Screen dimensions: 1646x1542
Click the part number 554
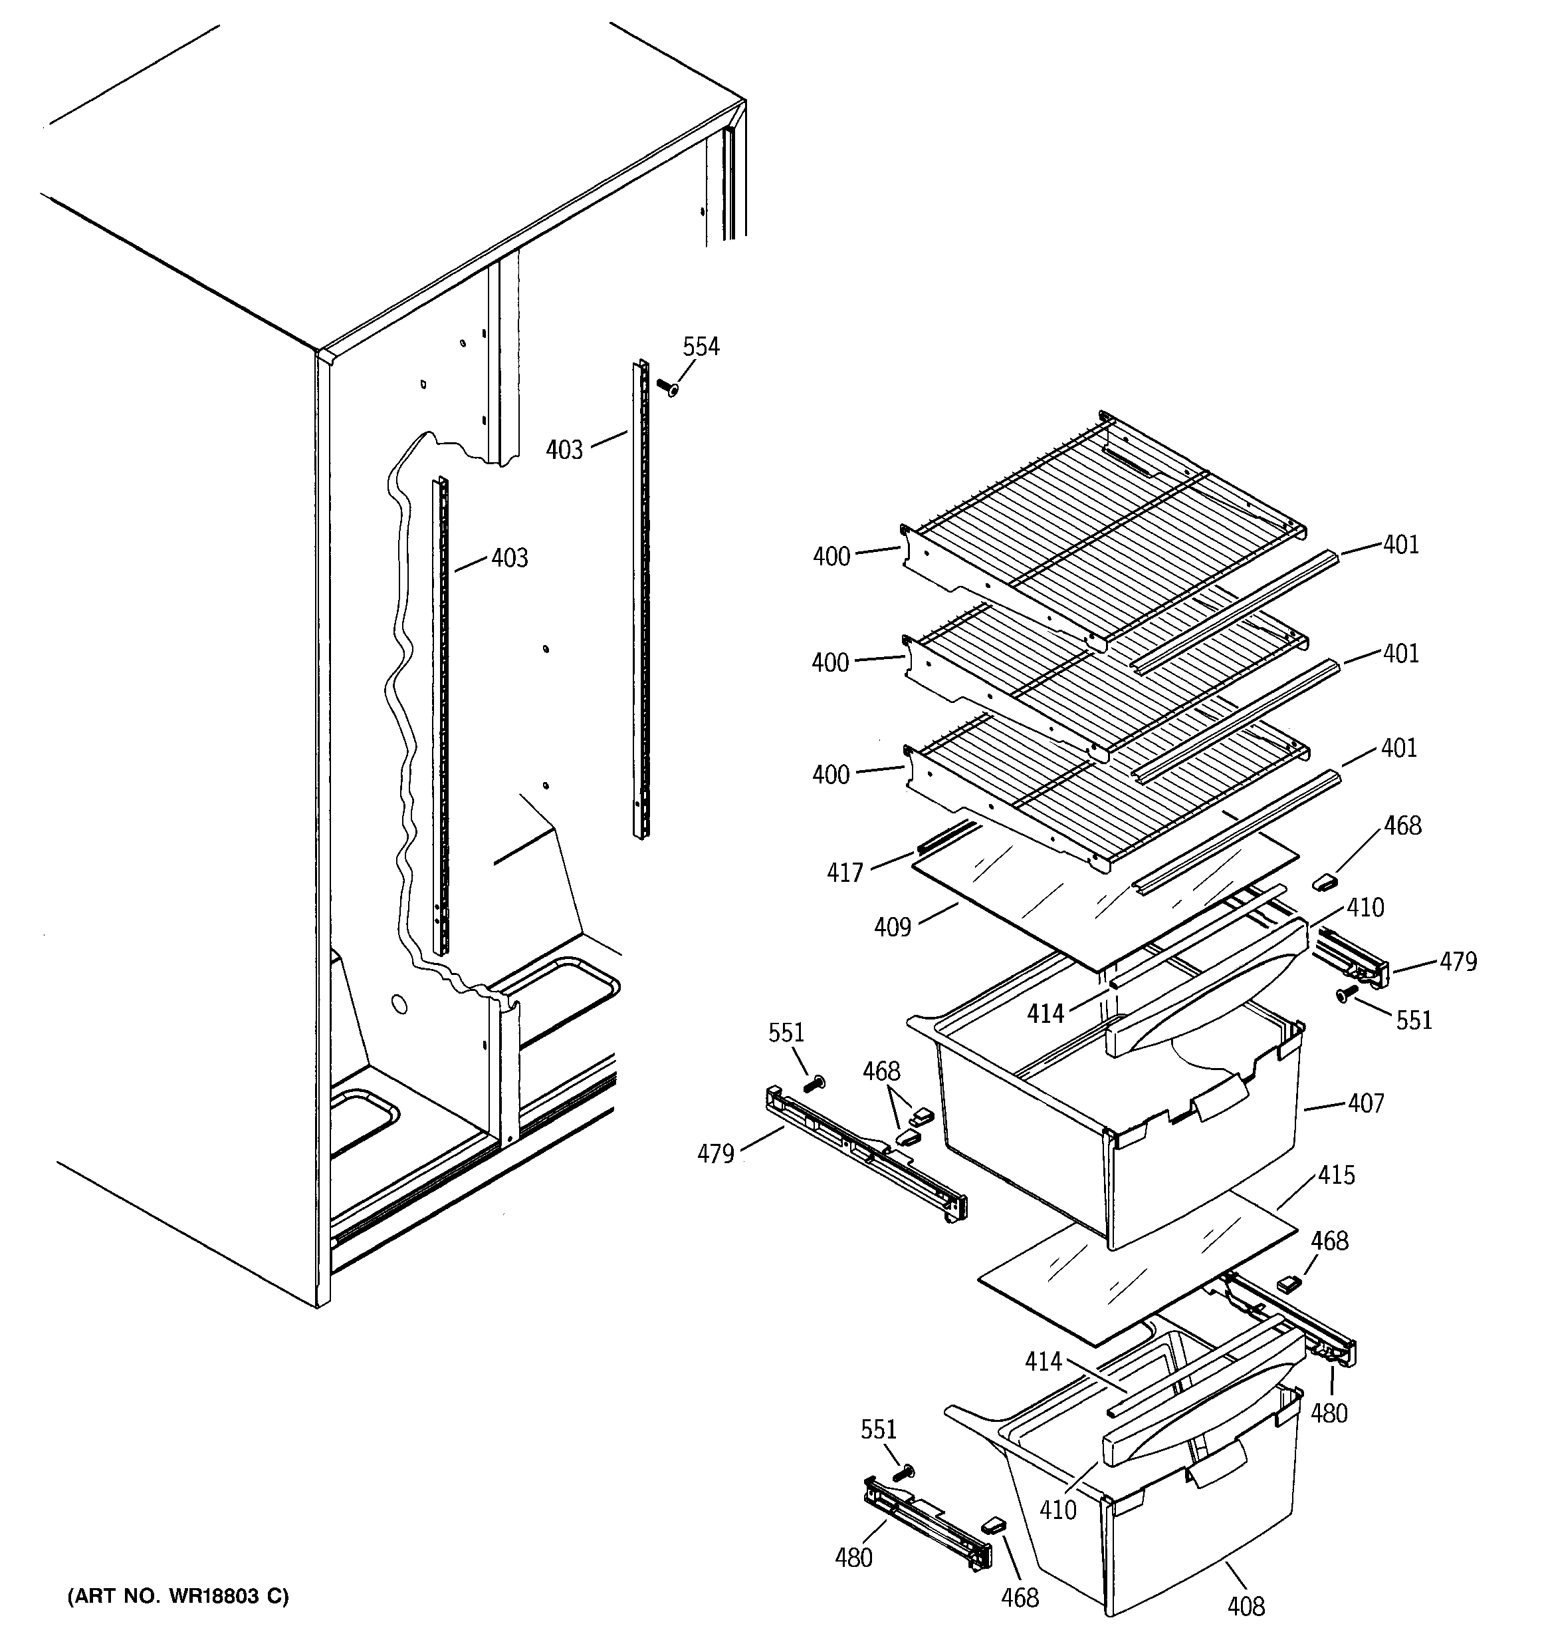[701, 347]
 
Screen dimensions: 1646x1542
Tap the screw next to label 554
[666, 386]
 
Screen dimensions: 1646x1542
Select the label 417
[844, 873]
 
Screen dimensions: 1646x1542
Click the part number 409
[892, 927]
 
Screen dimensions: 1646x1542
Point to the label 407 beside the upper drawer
[1365, 1103]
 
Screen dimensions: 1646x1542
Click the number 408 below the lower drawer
[1246, 1607]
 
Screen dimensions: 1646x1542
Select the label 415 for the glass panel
[1337, 1175]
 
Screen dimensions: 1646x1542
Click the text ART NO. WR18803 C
[178, 1596]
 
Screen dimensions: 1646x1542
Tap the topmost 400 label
[831, 557]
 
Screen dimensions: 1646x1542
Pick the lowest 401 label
[1399, 748]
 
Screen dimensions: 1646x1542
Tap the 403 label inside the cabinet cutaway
[509, 558]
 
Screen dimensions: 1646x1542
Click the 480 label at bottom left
[853, 1558]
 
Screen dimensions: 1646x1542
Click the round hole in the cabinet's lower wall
[398, 1006]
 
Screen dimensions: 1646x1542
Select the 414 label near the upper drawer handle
[1045, 1014]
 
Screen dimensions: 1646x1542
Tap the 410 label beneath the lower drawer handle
[1057, 1510]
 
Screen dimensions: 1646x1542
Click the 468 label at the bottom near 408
[1019, 1598]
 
